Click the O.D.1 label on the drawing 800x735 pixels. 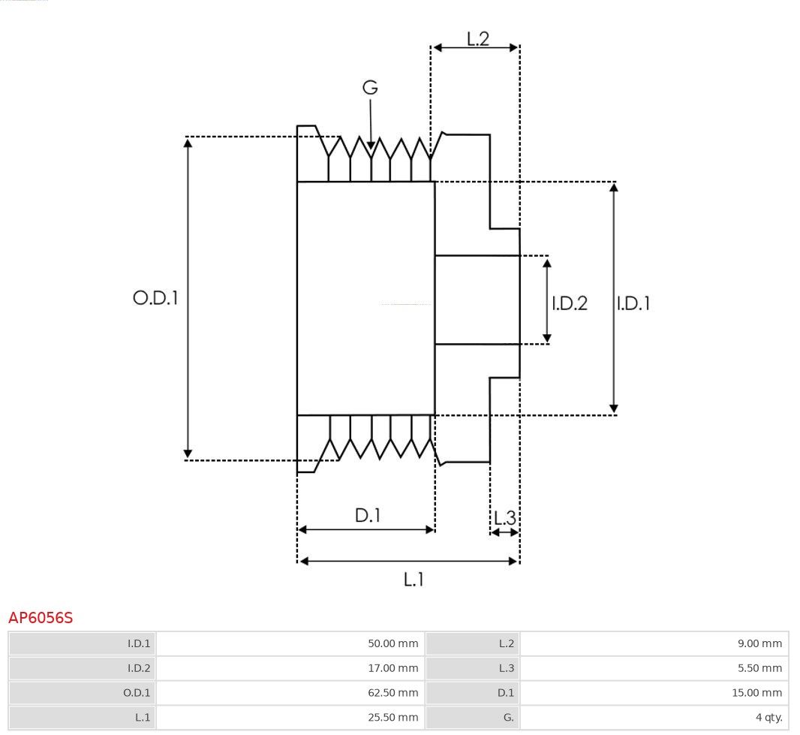[x=155, y=298]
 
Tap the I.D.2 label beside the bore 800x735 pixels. [x=570, y=303]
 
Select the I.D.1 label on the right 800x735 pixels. [x=633, y=303]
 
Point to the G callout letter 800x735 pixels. [x=370, y=88]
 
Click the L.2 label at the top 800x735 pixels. [x=478, y=39]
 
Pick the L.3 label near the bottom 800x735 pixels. [x=505, y=518]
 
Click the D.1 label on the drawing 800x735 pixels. [x=368, y=516]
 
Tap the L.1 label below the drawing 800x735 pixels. [x=414, y=580]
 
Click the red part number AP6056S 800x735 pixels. [x=41, y=618]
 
